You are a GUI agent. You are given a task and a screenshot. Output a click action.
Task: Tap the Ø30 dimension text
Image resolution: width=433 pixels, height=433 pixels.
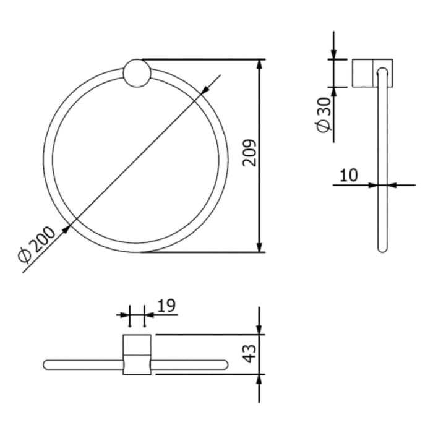(324, 115)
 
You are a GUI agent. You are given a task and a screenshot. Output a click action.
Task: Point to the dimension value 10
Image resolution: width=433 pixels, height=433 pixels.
(349, 175)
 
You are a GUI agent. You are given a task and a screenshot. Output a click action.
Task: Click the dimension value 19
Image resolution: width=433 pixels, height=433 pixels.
(166, 305)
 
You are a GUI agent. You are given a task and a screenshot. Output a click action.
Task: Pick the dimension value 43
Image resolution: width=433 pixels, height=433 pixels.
(249, 353)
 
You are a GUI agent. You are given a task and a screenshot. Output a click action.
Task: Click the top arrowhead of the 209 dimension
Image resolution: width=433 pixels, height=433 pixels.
(259, 64)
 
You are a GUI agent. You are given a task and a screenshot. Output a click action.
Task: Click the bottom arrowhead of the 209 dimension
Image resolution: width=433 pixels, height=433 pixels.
(259, 247)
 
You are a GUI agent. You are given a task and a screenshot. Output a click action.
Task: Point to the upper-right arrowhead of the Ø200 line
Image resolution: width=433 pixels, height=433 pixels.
(205, 89)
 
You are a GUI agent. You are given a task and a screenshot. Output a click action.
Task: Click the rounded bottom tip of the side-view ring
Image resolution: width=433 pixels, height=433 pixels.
(382, 249)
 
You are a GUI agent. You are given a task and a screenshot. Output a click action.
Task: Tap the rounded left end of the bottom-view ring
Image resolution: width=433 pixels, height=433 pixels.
(47, 364)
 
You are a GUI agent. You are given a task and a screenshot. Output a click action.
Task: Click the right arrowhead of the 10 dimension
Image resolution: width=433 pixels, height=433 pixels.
(391, 184)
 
